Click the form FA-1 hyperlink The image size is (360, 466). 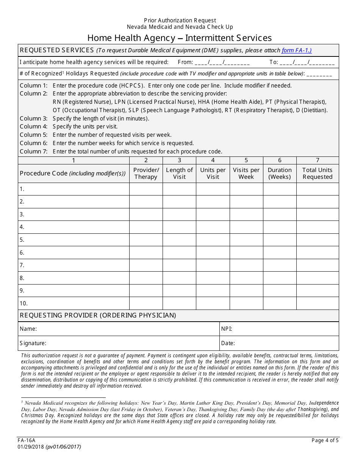[x=296, y=50]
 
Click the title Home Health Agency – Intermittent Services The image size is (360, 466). [x=179, y=38]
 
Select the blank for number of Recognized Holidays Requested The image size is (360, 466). [x=319, y=74]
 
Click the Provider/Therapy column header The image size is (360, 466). [x=146, y=174]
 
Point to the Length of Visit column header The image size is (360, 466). [x=179, y=174]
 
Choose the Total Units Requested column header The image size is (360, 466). [x=317, y=174]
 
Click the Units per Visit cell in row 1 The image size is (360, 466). [x=213, y=189]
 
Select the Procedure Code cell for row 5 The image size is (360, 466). [x=74, y=240]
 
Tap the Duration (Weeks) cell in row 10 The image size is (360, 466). [x=279, y=303]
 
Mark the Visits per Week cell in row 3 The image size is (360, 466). [x=246, y=214]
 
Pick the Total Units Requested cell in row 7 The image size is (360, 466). [x=317, y=265]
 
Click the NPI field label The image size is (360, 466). [x=227, y=329]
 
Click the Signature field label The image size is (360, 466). [x=33, y=343]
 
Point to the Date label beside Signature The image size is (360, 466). [x=228, y=343]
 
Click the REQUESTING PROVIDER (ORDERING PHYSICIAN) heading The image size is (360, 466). [x=98, y=315]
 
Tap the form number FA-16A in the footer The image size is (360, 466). [x=26, y=440]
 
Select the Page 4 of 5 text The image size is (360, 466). [x=325, y=440]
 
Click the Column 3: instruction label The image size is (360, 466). [x=34, y=119]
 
